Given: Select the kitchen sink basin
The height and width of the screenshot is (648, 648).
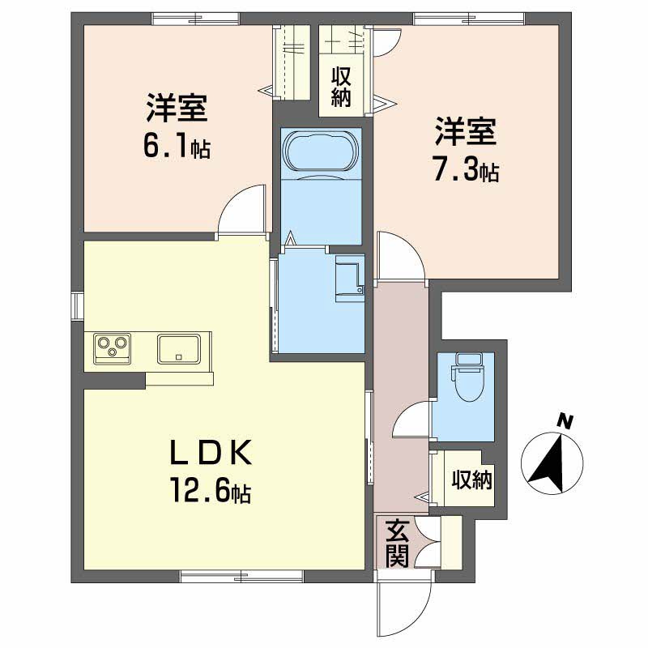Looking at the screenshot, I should pyautogui.click(x=179, y=349).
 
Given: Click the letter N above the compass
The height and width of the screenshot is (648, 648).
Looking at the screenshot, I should pyautogui.click(x=565, y=420).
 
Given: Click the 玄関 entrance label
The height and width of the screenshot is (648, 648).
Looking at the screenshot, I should pyautogui.click(x=396, y=543).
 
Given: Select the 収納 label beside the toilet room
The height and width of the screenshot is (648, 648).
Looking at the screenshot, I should pyautogui.click(x=471, y=480).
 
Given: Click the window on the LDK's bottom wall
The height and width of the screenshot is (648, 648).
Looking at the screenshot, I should pyautogui.click(x=241, y=576).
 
